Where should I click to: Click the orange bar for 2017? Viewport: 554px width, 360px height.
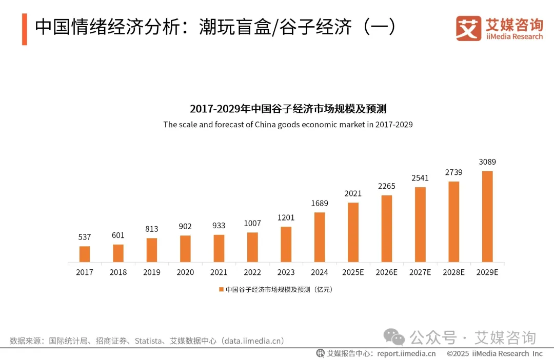(x=85, y=254)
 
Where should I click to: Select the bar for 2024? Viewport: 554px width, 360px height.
(x=320, y=237)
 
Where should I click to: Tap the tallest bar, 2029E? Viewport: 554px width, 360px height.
(x=487, y=216)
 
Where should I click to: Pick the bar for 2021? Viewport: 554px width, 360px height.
(x=219, y=248)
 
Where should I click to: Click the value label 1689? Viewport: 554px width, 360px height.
(x=319, y=204)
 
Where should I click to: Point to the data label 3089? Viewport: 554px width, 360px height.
(x=487, y=162)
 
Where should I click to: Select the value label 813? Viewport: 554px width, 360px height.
(x=151, y=229)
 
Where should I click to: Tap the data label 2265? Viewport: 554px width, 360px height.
(x=386, y=186)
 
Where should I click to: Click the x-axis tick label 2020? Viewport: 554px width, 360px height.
(x=185, y=272)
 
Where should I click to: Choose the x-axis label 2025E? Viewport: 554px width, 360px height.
(x=353, y=272)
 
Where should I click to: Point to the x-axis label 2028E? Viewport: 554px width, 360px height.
(x=453, y=272)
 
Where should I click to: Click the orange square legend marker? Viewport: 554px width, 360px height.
(x=221, y=290)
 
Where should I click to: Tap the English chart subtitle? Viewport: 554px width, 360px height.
(x=288, y=125)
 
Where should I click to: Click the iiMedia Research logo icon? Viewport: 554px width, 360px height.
(x=468, y=28)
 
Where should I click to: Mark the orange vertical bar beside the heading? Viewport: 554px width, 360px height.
(x=24, y=29)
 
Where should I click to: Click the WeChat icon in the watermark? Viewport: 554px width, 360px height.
(x=395, y=337)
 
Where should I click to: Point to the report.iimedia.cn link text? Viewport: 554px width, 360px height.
(x=406, y=353)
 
